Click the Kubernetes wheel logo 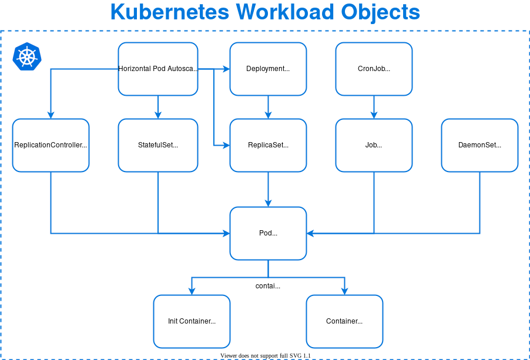click(27, 56)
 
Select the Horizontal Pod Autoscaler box click(157, 69)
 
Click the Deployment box click(268, 69)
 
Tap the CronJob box click(374, 69)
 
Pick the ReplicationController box click(51, 145)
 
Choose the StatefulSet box click(157, 145)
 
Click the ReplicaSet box click(268, 145)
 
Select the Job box click(374, 145)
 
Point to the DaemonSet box click(479, 145)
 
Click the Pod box click(268, 233)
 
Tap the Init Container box click(192, 321)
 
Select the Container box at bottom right click(344, 321)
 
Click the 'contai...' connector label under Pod click(267, 286)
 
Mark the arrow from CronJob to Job click(374, 107)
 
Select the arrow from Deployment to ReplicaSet click(268, 107)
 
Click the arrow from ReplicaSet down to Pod click(268, 189)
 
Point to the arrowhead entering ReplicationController click(51, 115)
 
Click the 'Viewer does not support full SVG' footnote click(265, 356)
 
